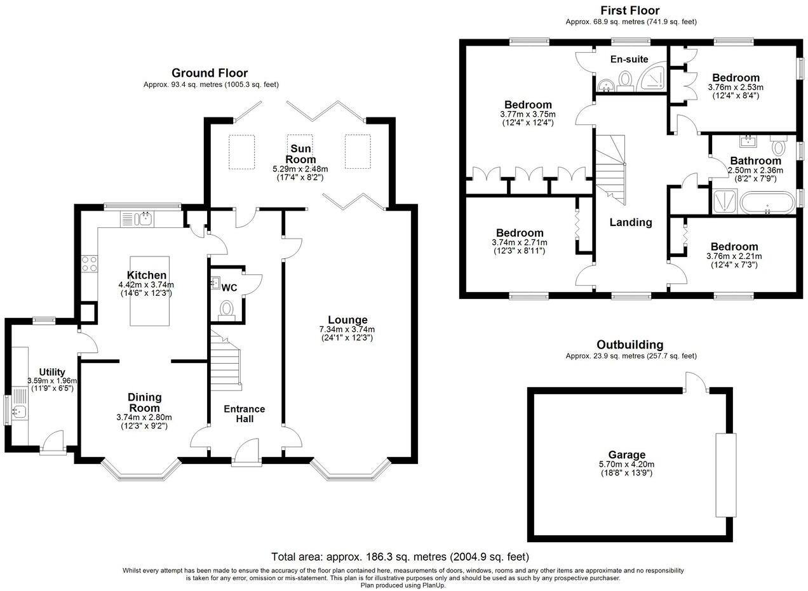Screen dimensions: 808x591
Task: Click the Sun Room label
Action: tap(300, 154)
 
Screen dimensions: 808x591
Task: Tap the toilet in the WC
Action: tap(227, 310)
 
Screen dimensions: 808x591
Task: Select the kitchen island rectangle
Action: tap(150, 291)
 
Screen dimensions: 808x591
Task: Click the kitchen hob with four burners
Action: tap(89, 263)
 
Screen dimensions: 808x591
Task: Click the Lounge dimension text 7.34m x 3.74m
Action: tap(347, 329)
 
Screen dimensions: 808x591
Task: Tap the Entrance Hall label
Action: tap(244, 414)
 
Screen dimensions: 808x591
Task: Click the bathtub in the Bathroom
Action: tap(767, 203)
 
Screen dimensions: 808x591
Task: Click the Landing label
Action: tap(631, 222)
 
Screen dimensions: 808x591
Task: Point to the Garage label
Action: tap(627, 455)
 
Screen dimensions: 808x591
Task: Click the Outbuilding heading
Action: tap(630, 345)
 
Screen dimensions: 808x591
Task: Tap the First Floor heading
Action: tap(630, 10)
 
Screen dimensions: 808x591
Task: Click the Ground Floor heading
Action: tap(210, 73)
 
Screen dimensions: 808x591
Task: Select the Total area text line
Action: tap(400, 557)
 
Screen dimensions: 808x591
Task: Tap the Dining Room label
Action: tap(144, 402)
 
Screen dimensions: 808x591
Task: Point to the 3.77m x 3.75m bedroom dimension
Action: tap(528, 114)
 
